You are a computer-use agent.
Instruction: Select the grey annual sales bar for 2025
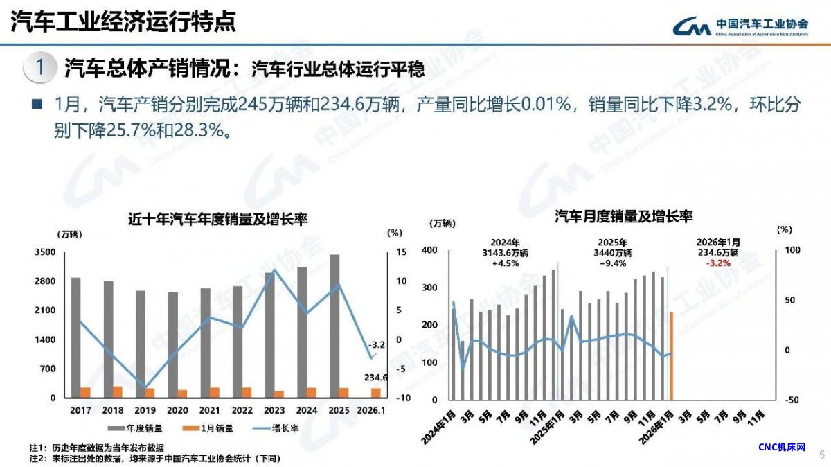pos(334,326)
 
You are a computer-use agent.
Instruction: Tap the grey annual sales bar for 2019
pos(141,344)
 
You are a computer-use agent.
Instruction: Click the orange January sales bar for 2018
pos(118,392)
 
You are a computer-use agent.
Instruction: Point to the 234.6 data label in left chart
pos(375,378)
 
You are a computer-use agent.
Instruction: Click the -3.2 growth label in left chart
pos(376,344)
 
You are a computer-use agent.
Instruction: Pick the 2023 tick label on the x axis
pos(274,410)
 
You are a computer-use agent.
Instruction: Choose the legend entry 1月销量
pos(212,428)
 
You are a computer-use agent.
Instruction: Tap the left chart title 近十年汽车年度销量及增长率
pos(218,219)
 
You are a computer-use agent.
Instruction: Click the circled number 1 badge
pos(39,68)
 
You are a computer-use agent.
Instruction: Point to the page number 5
pos(822,455)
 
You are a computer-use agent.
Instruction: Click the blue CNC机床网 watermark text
pos(782,447)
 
